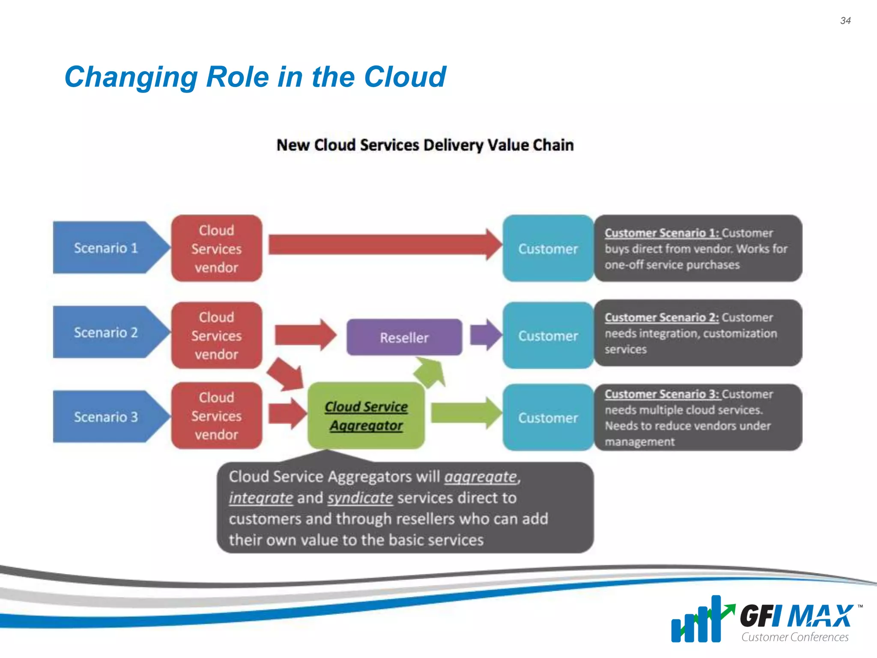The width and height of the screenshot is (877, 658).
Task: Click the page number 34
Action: point(845,21)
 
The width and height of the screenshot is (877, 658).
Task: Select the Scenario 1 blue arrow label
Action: point(106,248)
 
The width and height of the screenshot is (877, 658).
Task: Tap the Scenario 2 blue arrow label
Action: point(106,332)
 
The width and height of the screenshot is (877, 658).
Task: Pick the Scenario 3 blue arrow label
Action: point(106,417)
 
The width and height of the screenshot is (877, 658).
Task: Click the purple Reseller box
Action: point(404,338)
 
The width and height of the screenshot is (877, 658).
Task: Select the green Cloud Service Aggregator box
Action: point(366,416)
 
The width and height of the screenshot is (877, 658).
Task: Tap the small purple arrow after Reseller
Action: point(485,335)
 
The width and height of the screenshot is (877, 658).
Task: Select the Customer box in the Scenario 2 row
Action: point(548,336)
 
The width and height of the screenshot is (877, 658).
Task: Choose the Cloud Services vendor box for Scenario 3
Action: point(216,416)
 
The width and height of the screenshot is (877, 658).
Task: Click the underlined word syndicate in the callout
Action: point(360,498)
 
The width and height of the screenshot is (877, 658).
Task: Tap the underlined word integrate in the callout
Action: point(260,498)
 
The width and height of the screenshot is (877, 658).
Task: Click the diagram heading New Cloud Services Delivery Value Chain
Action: point(425,145)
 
